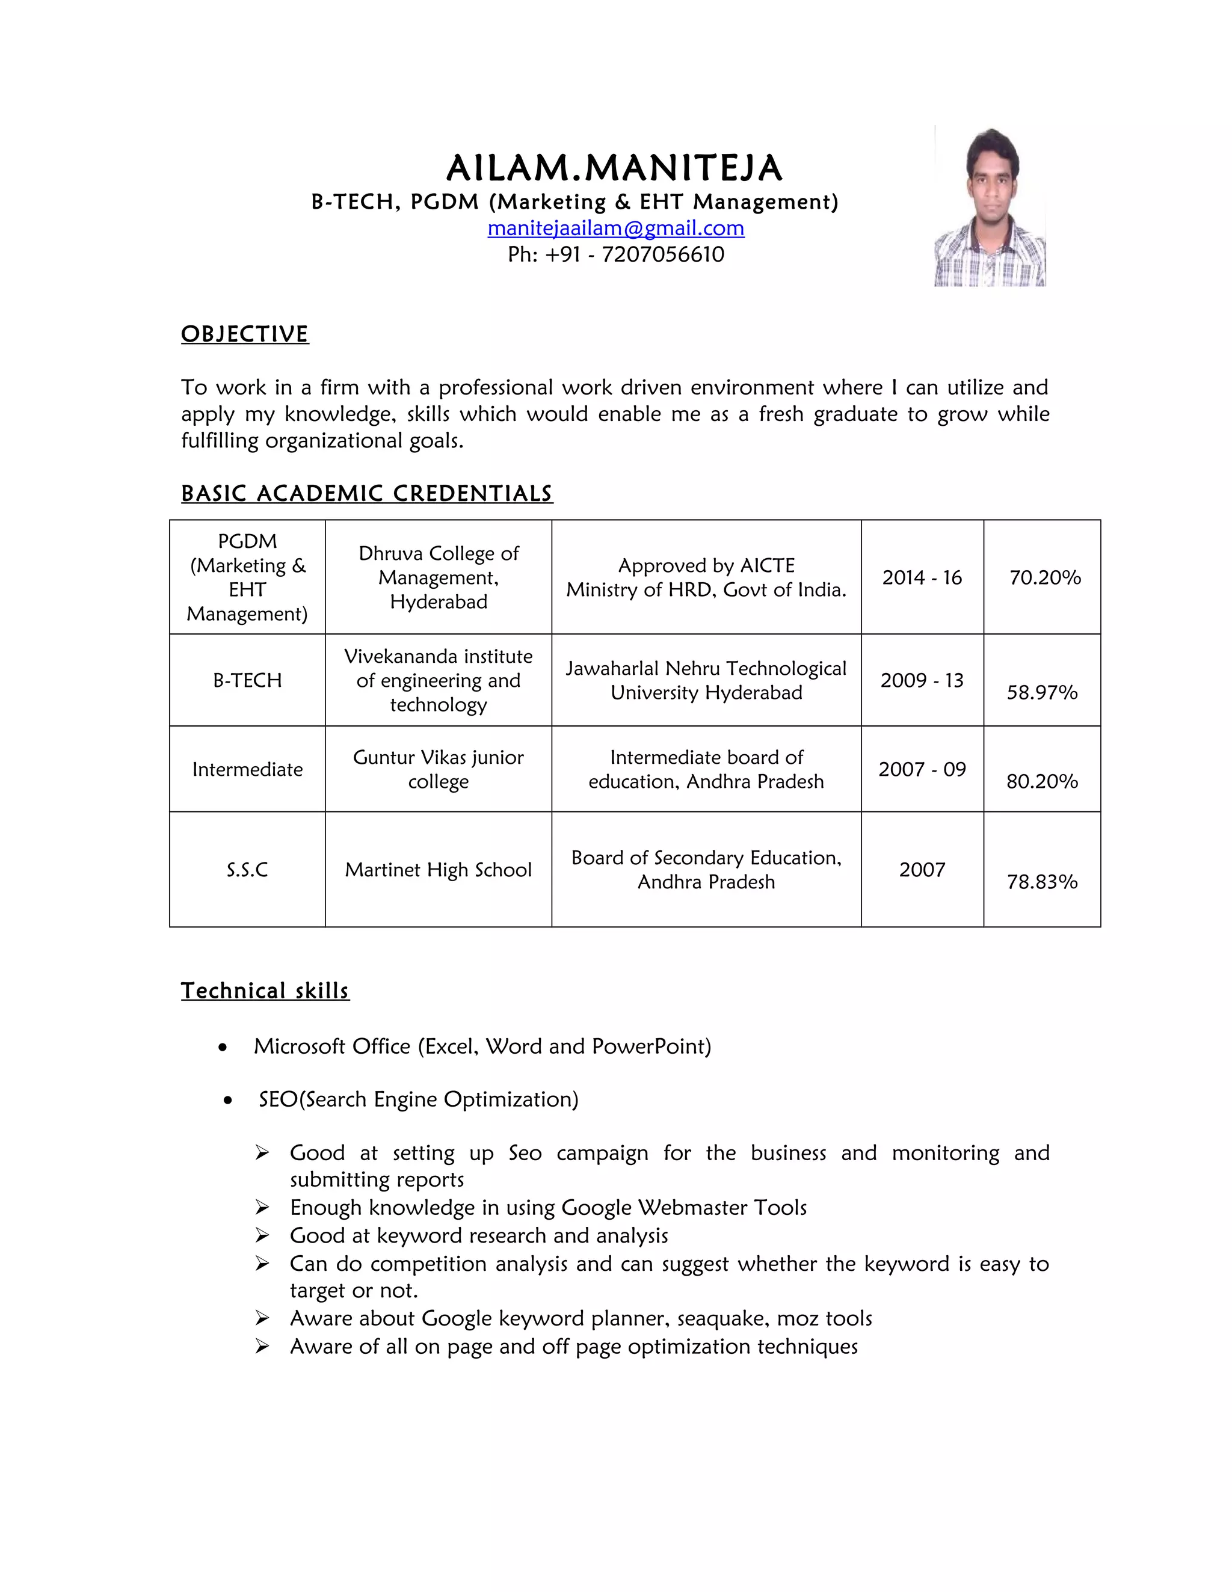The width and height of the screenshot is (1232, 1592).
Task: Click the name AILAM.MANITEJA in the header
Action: coord(615,168)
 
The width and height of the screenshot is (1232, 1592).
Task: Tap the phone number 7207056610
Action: coord(663,254)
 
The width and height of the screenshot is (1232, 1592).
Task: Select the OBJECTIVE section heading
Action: coord(245,334)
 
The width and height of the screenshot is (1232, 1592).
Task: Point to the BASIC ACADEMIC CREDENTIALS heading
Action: coord(367,494)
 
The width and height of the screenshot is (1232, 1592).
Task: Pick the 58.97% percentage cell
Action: coord(1042,692)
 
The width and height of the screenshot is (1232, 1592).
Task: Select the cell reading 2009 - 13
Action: coord(922,680)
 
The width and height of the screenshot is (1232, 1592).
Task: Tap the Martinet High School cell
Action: coord(438,870)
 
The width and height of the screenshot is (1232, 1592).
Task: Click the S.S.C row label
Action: coord(247,870)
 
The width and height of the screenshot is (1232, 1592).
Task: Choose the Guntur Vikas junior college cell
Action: coord(438,769)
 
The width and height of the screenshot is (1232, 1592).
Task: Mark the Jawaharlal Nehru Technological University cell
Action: coord(706,680)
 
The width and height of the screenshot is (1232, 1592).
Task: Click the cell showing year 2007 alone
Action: coord(922,870)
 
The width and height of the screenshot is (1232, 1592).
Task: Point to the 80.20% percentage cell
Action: coord(1042,781)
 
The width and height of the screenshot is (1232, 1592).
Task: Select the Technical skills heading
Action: coord(265,991)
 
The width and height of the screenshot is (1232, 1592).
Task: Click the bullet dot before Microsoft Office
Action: coord(223,1048)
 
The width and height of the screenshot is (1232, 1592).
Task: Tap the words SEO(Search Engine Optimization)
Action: coord(419,1099)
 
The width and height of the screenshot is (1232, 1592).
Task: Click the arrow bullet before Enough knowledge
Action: coord(262,1208)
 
